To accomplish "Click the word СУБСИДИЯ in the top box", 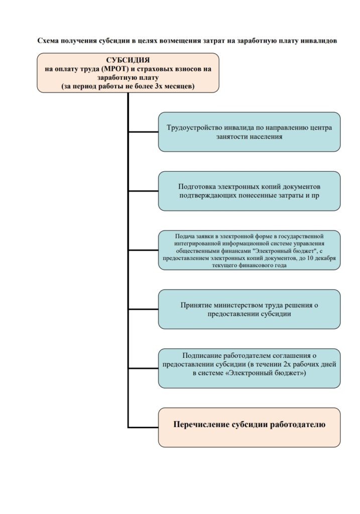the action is [128, 60].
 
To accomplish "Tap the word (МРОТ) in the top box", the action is [115, 69].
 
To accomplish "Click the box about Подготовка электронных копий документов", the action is [249, 191].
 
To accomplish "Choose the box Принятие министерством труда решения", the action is [249, 309].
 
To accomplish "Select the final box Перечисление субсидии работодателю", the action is [249, 428].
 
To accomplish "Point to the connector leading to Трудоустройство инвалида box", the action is [143, 132].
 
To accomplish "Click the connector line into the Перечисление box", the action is [143, 427].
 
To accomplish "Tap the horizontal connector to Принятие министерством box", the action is [143, 309].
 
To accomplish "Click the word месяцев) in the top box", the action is [179, 86].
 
